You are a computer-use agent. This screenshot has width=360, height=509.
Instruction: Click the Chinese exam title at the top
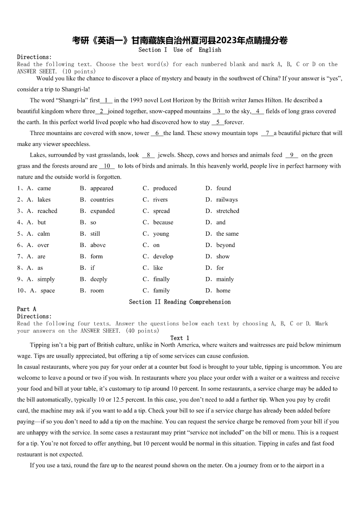click(x=180, y=40)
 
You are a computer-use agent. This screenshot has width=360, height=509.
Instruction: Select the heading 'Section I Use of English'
click(x=180, y=50)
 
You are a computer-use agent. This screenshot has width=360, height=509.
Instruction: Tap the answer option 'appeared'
click(x=102, y=188)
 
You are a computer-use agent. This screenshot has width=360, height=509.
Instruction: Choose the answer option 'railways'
click(x=227, y=199)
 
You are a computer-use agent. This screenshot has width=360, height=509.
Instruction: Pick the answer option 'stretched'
click(x=228, y=211)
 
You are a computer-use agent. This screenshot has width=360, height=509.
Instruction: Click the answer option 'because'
click(x=163, y=222)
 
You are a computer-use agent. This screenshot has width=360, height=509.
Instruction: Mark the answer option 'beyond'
click(x=225, y=245)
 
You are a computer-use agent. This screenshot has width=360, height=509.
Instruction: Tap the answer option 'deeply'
click(x=99, y=279)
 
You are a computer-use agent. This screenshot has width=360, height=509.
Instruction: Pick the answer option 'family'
click(x=161, y=291)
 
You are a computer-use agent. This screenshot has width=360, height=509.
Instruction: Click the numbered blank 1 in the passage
click(x=107, y=100)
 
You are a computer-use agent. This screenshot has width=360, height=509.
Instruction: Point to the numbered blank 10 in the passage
click(x=107, y=166)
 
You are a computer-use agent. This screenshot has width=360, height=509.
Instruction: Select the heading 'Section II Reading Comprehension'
click(x=180, y=302)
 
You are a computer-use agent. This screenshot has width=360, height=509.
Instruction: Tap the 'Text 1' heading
click(x=180, y=338)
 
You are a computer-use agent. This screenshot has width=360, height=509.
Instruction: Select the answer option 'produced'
click(x=165, y=188)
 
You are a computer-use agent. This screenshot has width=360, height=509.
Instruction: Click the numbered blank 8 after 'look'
click(x=148, y=155)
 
